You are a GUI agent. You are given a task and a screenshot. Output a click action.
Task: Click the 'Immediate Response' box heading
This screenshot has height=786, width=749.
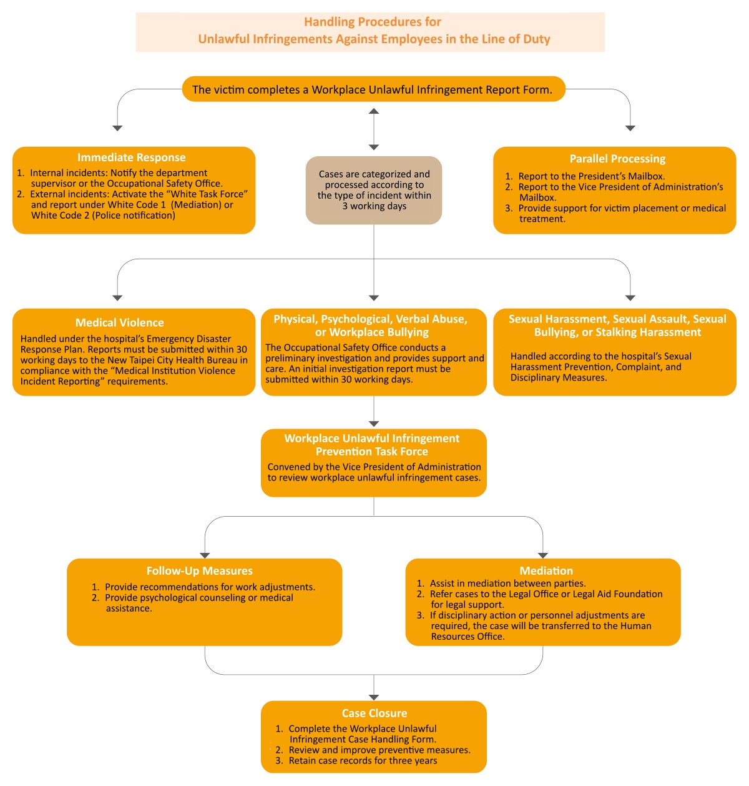click(x=131, y=157)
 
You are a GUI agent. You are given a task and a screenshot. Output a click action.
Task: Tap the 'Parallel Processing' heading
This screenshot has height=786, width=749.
click(x=617, y=159)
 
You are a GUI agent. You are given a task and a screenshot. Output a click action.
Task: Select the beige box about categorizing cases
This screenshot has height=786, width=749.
click(x=374, y=190)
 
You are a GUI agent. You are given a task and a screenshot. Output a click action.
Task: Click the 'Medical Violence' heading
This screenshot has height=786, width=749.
click(x=119, y=322)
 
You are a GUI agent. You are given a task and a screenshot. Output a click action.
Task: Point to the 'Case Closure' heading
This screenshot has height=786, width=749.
click(x=374, y=713)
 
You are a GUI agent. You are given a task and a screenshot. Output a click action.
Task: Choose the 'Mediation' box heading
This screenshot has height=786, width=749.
click(x=546, y=570)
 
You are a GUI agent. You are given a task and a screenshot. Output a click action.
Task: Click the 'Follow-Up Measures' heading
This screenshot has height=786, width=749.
click(x=199, y=570)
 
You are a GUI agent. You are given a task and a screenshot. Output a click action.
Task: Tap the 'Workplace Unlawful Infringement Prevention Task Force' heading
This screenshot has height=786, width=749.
click(x=372, y=445)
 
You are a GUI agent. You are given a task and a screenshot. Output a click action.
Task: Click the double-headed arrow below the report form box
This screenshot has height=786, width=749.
click(x=374, y=129)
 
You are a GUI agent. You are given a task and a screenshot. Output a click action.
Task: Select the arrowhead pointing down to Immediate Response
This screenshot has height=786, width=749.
click(x=117, y=128)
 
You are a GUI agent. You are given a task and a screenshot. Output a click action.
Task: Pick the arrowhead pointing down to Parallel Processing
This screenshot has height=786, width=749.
click(x=630, y=128)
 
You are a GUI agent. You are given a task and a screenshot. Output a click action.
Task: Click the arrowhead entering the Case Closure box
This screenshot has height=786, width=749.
click(x=374, y=697)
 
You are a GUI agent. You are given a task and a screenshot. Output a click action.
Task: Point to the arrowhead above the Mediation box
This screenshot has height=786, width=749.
click(x=543, y=555)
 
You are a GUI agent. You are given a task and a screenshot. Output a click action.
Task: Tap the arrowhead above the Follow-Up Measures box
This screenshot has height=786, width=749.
click(x=205, y=555)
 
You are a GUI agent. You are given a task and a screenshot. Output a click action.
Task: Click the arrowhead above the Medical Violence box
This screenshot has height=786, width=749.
click(x=117, y=298)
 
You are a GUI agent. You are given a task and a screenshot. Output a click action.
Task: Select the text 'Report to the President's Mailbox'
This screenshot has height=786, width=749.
click(x=591, y=176)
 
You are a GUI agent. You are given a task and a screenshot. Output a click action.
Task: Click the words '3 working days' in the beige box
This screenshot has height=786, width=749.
click(x=374, y=206)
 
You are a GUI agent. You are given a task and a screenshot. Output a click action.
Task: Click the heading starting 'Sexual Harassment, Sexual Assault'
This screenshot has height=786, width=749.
click(x=617, y=326)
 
